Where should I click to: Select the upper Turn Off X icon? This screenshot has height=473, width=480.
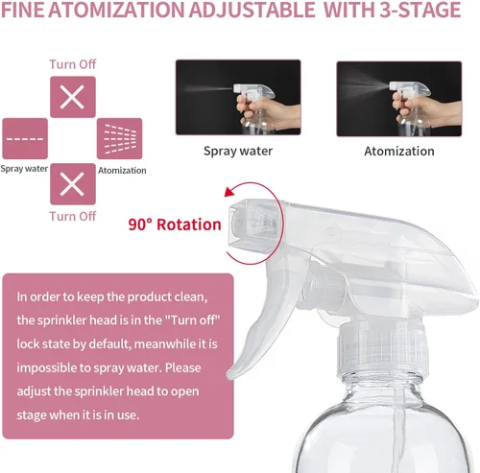pyautogui.click(x=72, y=97)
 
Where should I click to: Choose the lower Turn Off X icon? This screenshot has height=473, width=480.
pyautogui.click(x=72, y=182)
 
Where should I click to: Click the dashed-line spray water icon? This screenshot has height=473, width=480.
pyautogui.click(x=25, y=139)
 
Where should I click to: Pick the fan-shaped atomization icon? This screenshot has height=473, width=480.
pyautogui.click(x=120, y=139)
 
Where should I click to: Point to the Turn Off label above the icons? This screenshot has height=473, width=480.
pyautogui.click(x=73, y=64)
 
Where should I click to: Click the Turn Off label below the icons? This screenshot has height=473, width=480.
pyautogui.click(x=73, y=216)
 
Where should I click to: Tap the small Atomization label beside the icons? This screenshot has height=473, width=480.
pyautogui.click(x=123, y=171)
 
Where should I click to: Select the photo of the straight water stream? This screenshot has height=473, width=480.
pyautogui.click(x=237, y=97)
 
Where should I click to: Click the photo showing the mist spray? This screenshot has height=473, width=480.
pyautogui.click(x=398, y=97)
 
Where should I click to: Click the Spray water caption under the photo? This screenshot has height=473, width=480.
pyautogui.click(x=237, y=151)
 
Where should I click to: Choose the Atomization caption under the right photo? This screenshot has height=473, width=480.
pyautogui.click(x=398, y=151)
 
